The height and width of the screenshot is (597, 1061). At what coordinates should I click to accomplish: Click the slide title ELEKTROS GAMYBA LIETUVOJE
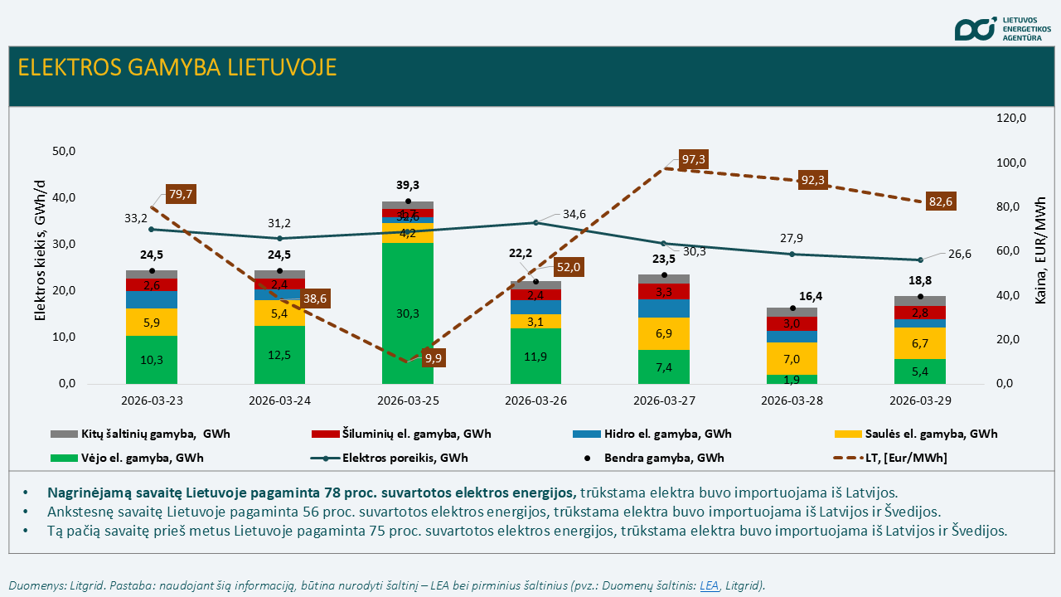click(177, 67)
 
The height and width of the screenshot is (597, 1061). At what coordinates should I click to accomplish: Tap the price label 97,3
click(693, 159)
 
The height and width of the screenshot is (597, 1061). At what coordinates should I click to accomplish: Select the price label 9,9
click(433, 359)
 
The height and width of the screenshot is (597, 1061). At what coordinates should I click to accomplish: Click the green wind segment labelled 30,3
click(407, 313)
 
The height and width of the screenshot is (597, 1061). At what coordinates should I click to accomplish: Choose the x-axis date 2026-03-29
click(919, 399)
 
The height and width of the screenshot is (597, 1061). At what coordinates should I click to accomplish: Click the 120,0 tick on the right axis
click(1010, 119)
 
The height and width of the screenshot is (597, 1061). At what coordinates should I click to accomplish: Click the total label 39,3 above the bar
click(407, 185)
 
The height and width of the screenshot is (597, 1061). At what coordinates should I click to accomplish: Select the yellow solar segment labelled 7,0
click(791, 359)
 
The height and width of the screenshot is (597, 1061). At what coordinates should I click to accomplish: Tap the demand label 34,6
click(574, 214)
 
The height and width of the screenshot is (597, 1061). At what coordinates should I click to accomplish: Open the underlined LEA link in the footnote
click(709, 585)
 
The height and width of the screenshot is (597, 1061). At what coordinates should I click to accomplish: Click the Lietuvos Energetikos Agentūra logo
click(1003, 28)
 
